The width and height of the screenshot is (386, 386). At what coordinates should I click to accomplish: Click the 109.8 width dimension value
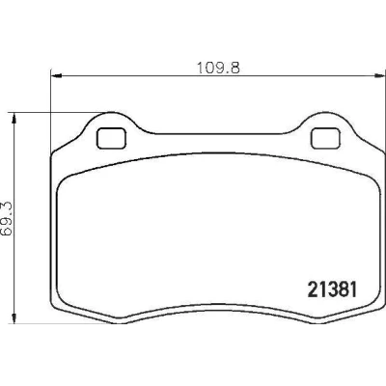tap(218, 68)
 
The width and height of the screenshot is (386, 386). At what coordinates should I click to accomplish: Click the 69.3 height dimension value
tap(7, 219)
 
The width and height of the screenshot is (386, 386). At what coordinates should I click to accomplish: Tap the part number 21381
tap(333, 289)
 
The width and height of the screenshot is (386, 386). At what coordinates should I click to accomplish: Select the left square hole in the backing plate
tap(112, 138)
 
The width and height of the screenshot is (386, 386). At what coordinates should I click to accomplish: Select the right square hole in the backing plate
tap(325, 138)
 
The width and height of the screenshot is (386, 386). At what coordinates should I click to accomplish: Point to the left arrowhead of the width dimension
tap(56, 76)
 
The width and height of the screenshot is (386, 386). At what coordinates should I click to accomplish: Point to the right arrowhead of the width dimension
tap(380, 76)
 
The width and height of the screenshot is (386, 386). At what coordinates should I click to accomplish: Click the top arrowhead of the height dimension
tap(14, 118)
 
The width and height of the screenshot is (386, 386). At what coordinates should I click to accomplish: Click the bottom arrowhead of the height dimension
tap(14, 317)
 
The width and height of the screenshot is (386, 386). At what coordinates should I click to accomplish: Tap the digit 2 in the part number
tap(313, 289)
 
